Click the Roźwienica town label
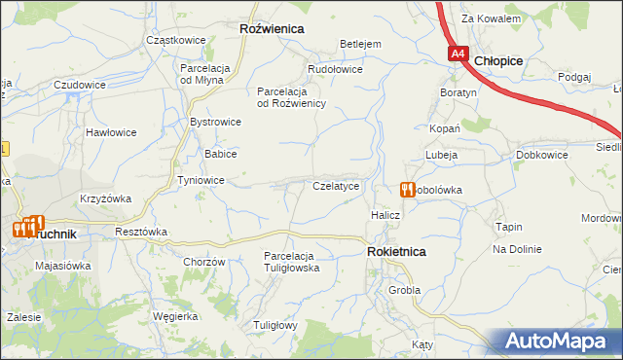click(272, 29)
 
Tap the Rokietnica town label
click(396, 251)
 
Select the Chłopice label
click(499, 60)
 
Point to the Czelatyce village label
click(337, 185)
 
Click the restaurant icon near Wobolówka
click(407, 190)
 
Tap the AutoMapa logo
click(560, 342)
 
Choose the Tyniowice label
click(202, 181)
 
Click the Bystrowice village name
click(215, 122)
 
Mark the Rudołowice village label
click(335, 69)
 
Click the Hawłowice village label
click(109, 131)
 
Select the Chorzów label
click(204, 262)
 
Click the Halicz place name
click(385, 214)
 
